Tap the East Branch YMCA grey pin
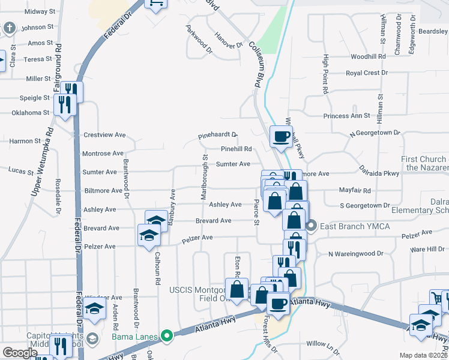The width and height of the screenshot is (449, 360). click(311, 226)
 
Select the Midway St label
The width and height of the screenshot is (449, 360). click(40, 11)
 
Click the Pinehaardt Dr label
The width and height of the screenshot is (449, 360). click(218, 136)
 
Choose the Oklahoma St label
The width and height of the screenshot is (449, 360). click(30, 113)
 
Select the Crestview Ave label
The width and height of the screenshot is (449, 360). click(104, 135)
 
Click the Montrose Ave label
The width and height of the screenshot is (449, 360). click(103, 154)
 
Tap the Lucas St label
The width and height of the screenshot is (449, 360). click(21, 171)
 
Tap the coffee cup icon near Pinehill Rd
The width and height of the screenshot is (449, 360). click(280, 136)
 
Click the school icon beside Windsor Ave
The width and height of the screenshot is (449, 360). click(94, 309)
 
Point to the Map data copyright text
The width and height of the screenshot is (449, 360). click(424, 355)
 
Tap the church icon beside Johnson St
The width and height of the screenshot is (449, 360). click(9, 28)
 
